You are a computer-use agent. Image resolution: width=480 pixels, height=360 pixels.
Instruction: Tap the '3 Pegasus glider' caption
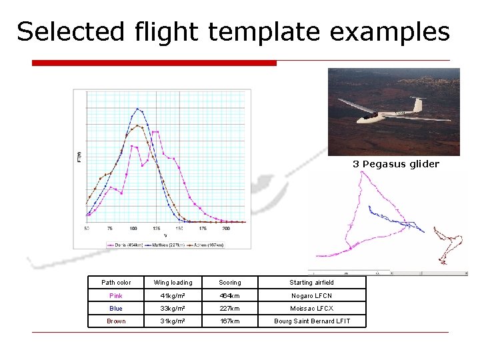click(x=396, y=164)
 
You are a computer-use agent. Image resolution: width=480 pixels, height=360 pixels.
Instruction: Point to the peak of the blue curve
click(x=137, y=109)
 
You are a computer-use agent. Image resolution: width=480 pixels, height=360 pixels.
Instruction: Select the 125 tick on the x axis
click(x=156, y=228)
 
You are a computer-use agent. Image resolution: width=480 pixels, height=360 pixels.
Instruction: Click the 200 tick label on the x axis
click(x=226, y=228)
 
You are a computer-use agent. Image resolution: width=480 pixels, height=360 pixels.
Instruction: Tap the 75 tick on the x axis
click(x=110, y=228)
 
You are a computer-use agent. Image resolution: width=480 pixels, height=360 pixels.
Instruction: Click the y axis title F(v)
click(x=79, y=157)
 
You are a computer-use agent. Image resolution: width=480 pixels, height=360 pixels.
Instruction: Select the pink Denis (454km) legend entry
click(x=125, y=245)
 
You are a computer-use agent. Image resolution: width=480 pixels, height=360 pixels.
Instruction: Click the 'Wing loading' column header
click(x=173, y=283)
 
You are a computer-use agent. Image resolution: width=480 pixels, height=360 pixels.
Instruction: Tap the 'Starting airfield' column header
click(x=311, y=283)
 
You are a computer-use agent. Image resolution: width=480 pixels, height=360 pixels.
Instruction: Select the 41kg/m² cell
click(x=173, y=295)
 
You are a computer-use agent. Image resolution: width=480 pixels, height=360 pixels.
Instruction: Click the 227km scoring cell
click(x=230, y=309)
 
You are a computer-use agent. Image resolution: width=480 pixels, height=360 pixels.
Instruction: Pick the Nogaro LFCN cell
click(x=311, y=295)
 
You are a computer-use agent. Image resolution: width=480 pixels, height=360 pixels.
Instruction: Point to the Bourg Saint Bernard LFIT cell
click(x=311, y=321)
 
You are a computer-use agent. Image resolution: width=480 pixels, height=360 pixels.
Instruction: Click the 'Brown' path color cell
click(x=116, y=321)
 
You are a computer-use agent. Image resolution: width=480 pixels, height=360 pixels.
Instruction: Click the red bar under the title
click(x=154, y=63)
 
